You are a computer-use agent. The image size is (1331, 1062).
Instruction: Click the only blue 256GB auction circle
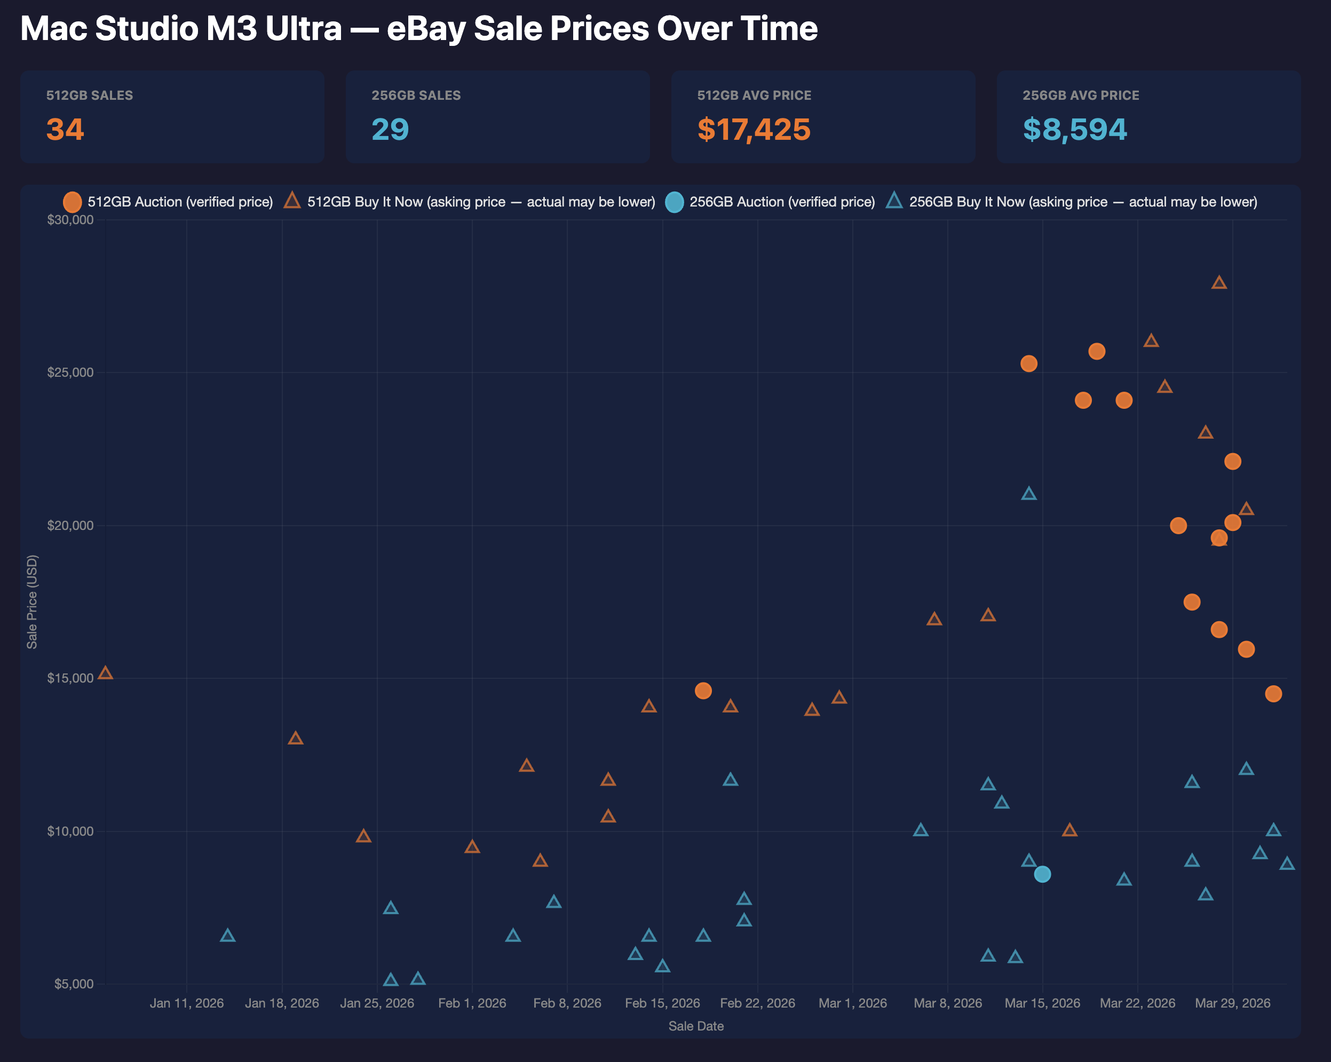[x=1042, y=874]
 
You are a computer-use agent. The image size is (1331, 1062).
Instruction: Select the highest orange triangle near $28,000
[x=1218, y=283]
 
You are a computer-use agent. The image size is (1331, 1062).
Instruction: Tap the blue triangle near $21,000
[x=1028, y=493]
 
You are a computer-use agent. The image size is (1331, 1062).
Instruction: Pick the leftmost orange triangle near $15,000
[x=106, y=672]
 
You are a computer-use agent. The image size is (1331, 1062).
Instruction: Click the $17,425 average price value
[x=753, y=129]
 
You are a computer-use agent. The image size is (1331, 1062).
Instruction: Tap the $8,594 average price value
[x=1074, y=129]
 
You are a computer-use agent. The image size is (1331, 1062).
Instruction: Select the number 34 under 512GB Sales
[x=65, y=129]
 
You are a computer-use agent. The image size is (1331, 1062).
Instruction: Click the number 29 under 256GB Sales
[x=390, y=129]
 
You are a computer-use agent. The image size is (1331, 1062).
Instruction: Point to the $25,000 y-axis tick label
[x=70, y=373]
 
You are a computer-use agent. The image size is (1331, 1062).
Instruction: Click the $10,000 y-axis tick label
[x=70, y=831]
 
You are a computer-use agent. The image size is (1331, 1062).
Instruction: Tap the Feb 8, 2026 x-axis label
[x=567, y=1003]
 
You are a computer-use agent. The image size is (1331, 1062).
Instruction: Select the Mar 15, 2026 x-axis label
[x=1042, y=1003]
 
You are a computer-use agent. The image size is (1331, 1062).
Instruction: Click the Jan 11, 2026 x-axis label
[x=186, y=1003]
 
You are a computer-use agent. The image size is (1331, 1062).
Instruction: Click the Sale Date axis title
[x=696, y=1026]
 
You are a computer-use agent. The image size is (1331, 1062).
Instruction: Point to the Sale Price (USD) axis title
[x=32, y=601]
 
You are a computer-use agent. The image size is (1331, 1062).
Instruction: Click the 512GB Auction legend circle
[x=72, y=202]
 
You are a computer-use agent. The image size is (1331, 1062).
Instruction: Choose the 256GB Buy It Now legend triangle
[x=894, y=201]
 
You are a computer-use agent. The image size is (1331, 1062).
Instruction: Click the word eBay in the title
[x=426, y=28]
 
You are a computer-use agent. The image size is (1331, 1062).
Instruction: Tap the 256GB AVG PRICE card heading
[x=1080, y=95]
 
